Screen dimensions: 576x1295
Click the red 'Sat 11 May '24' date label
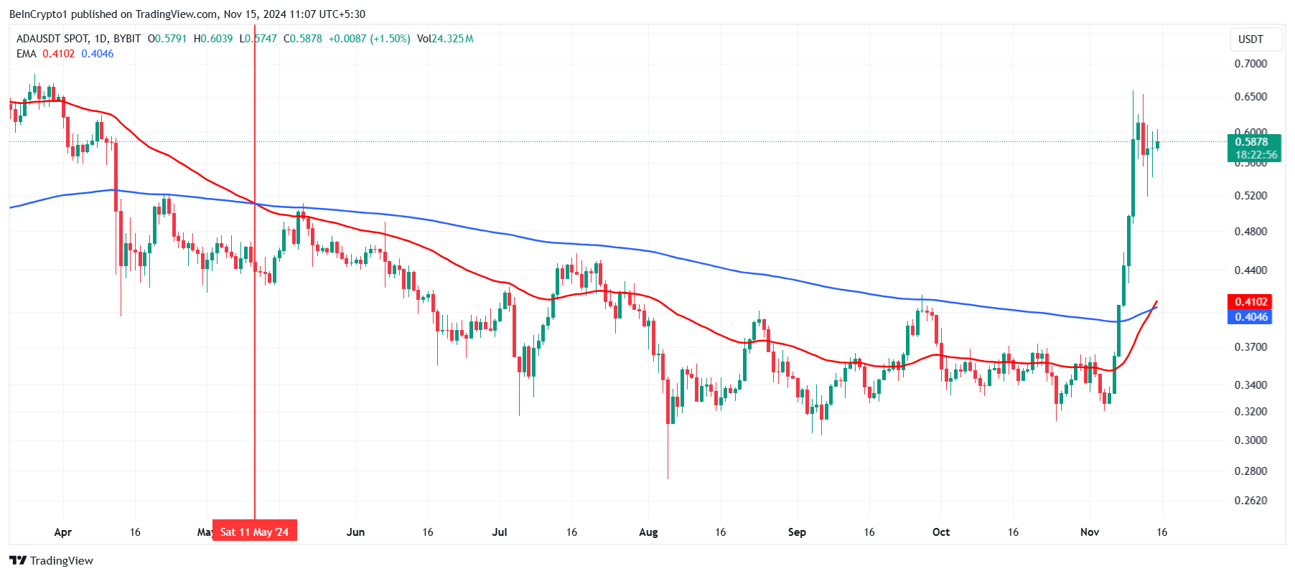click(254, 532)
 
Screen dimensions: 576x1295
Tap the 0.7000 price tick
click(1250, 64)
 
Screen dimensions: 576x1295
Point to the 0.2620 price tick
click(1250, 501)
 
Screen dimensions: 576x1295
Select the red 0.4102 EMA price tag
click(1250, 302)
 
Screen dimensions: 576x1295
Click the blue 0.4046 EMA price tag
click(1250, 317)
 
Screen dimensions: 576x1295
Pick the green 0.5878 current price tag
click(1253, 142)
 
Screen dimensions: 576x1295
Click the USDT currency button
click(1250, 39)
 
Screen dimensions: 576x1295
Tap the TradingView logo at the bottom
click(52, 560)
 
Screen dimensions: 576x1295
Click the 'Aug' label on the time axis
click(648, 532)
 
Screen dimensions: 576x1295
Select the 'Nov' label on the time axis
click(1090, 532)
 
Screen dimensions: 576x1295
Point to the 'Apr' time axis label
click(63, 532)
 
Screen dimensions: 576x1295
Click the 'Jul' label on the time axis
click(500, 532)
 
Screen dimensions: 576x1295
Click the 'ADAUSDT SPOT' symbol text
click(52, 39)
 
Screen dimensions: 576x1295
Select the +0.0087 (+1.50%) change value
click(369, 39)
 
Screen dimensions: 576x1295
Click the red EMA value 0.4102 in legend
click(58, 54)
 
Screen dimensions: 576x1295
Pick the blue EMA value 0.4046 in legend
click(98, 54)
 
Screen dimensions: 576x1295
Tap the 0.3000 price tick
click(1250, 440)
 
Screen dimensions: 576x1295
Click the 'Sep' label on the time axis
click(797, 532)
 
